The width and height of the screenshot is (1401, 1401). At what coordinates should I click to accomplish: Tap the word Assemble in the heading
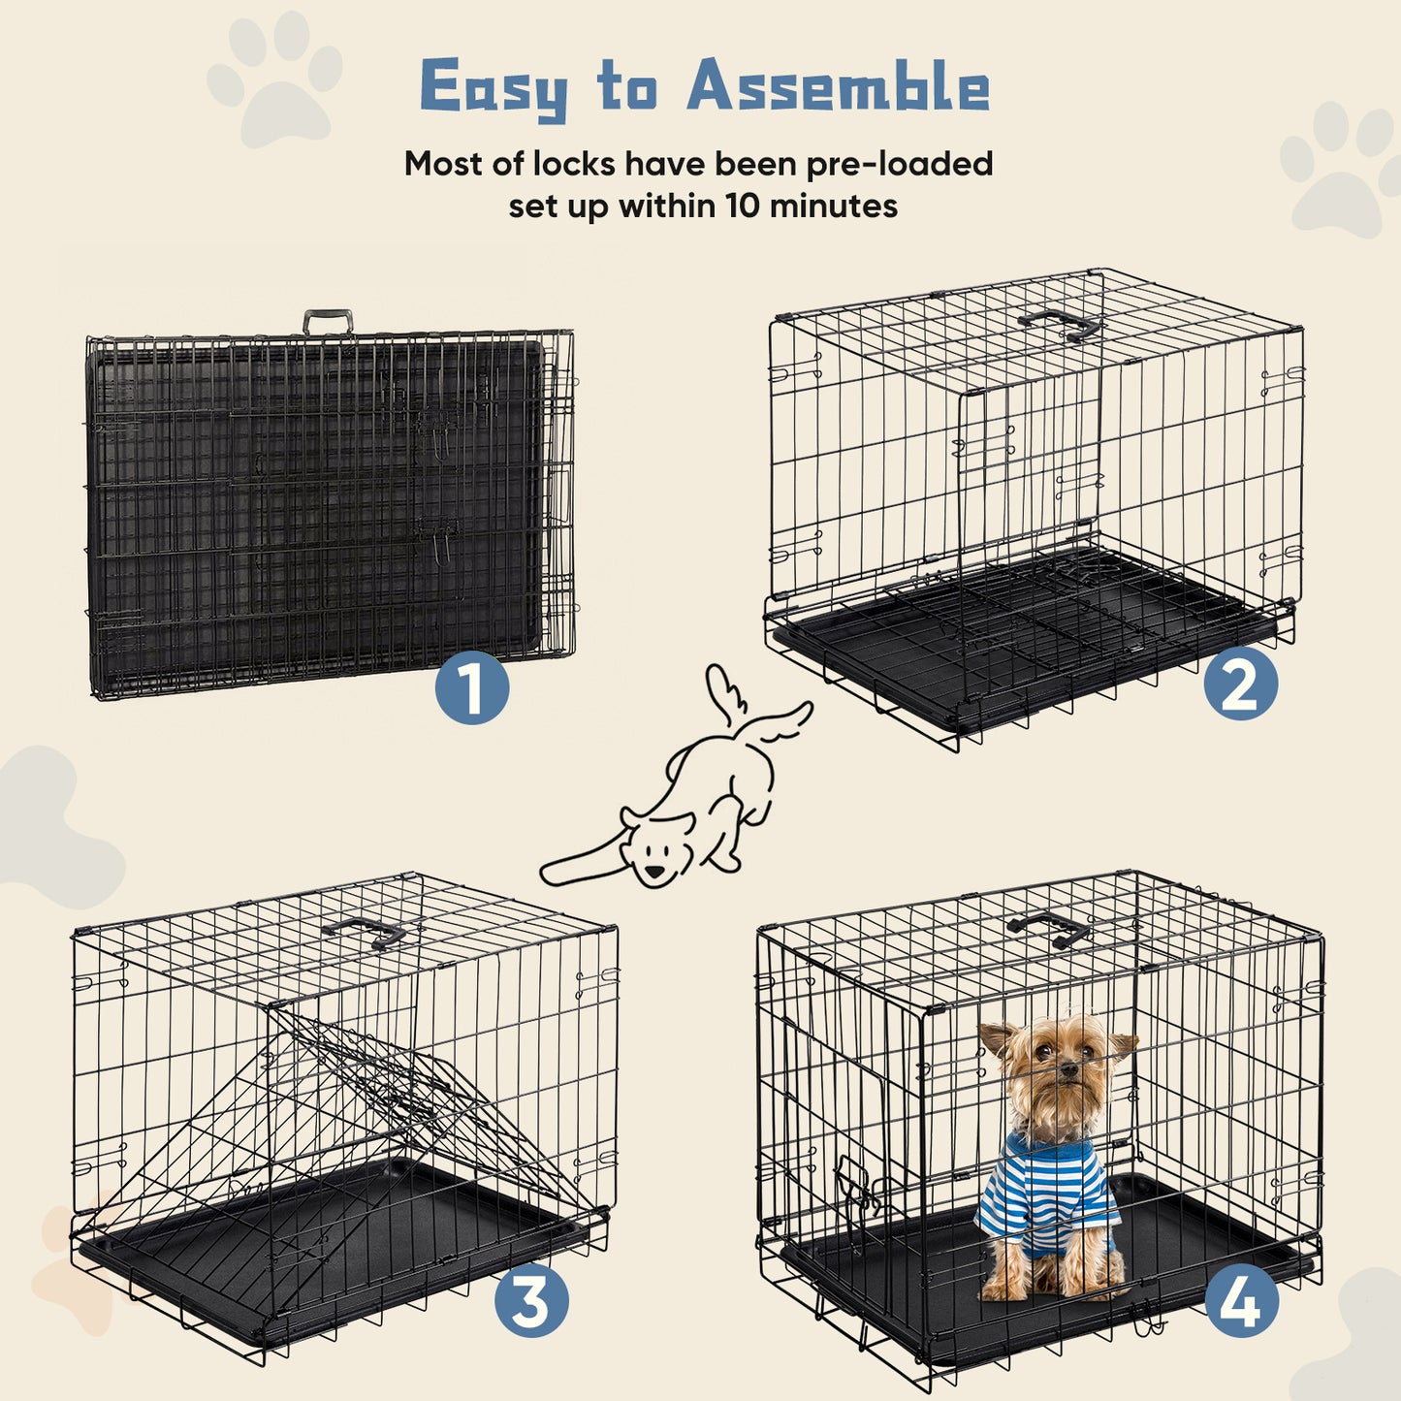[839, 87]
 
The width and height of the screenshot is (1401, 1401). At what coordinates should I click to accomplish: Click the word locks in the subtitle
[571, 163]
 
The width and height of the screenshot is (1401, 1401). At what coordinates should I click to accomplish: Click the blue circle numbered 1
[471, 687]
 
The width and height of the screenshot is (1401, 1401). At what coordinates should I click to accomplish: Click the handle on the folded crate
[328, 321]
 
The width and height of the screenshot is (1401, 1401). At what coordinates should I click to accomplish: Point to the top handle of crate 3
[365, 932]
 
